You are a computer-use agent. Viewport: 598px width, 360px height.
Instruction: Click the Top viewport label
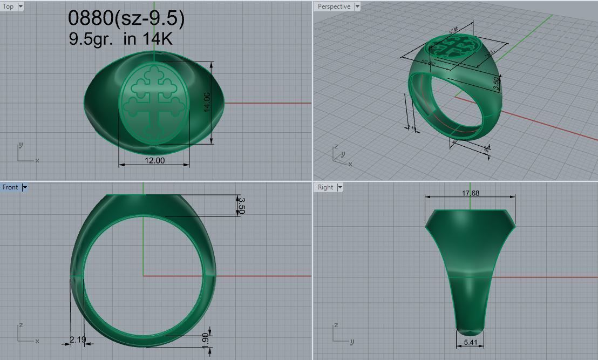9,6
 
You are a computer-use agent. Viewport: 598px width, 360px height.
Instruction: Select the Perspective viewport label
334,6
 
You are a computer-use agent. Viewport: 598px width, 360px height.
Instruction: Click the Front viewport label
10,187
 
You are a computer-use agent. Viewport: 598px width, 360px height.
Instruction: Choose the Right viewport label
325,187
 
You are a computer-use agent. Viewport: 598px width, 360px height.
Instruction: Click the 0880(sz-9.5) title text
126,18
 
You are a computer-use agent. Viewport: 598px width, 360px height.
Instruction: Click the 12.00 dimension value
154,160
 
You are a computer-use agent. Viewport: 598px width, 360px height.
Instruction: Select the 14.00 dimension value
207,103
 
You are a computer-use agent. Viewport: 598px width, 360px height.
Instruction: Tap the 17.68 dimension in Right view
470,193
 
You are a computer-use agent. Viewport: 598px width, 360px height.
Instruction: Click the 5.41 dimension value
470,342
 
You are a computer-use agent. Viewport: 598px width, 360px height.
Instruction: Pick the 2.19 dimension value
78,339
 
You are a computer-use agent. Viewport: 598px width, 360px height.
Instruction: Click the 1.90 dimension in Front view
205,339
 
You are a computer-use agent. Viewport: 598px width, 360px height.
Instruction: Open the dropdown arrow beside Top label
21,6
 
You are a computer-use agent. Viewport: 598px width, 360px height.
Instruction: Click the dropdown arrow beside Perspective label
357,6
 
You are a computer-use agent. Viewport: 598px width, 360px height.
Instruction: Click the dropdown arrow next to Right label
340,187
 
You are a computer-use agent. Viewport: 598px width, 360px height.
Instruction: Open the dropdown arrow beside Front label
25,187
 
